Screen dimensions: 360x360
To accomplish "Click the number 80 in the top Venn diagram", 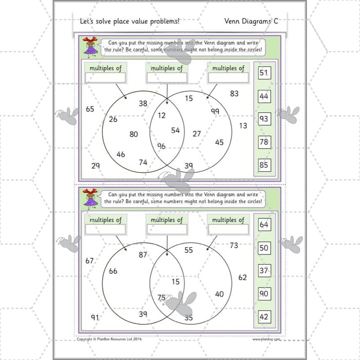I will (x=134, y=134).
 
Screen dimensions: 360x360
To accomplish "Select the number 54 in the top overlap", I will (x=175, y=130).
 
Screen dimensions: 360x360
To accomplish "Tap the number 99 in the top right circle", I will (x=215, y=111).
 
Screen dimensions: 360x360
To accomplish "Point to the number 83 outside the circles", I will (x=234, y=94).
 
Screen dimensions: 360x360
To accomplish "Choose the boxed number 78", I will (x=264, y=142).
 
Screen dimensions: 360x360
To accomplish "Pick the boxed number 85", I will (x=264, y=165).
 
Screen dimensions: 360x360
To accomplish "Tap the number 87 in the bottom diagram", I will (x=143, y=255).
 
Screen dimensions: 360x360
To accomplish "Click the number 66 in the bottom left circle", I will (x=113, y=271).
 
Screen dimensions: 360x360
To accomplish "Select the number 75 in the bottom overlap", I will (x=162, y=297).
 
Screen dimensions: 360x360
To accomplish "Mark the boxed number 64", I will (x=264, y=225).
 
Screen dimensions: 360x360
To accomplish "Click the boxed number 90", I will (x=264, y=294).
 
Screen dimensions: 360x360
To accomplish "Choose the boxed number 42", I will (x=264, y=317).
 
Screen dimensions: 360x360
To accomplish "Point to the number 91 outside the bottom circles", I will (x=95, y=317).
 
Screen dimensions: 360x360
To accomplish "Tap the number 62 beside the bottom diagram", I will (x=243, y=277).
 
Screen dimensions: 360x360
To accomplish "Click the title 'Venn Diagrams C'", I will (x=255, y=21).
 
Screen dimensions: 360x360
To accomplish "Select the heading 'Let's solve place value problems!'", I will (x=129, y=21).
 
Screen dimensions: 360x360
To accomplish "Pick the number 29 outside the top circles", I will (x=95, y=166).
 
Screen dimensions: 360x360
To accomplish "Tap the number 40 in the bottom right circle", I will (x=219, y=294).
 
